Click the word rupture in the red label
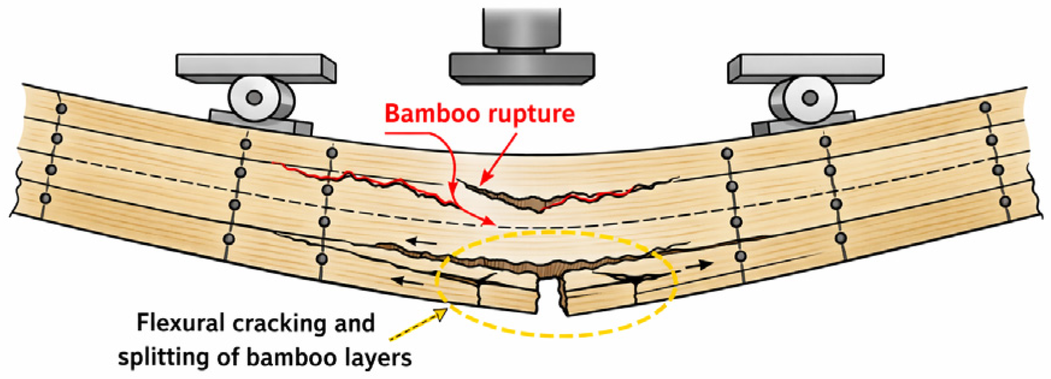(528, 114)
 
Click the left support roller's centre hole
(254, 97)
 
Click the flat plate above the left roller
(256, 67)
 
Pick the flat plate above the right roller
(806, 67)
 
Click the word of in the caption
(228, 358)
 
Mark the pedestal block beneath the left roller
(261, 122)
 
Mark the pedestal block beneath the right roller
(803, 123)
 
